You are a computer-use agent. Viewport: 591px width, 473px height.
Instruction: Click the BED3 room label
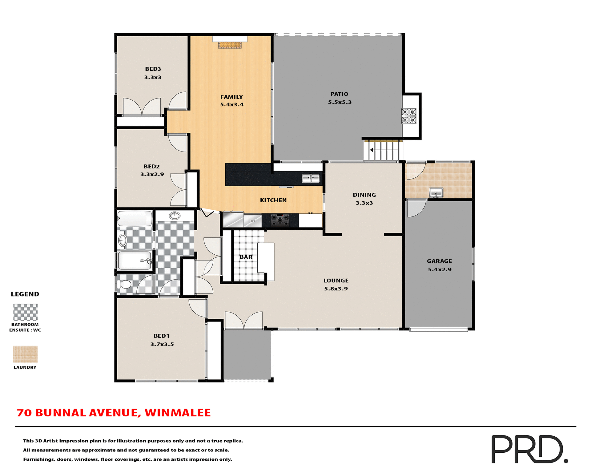tap(153, 69)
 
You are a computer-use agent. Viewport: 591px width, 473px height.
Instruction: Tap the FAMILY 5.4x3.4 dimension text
tap(232, 105)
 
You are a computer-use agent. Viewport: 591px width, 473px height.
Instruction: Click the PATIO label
tap(339, 94)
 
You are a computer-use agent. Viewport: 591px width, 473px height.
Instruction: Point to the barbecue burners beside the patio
tap(408, 116)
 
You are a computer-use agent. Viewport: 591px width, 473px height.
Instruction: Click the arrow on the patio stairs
tap(372, 150)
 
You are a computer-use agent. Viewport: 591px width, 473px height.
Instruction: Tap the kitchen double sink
tap(310, 178)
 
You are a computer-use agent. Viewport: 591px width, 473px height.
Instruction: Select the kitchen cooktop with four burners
tap(280, 220)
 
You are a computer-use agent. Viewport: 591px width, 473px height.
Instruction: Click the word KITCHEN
tap(273, 200)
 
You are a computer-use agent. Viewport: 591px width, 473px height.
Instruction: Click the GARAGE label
tap(439, 261)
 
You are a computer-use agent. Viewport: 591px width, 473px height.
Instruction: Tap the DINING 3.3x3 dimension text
tap(364, 203)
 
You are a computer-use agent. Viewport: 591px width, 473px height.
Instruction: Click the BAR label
tap(246, 257)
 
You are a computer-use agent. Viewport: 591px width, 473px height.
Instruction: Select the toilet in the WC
tap(124, 284)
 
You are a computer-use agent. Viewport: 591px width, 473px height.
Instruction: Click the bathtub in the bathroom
tap(135, 218)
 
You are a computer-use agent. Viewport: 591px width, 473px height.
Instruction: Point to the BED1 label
tap(161, 336)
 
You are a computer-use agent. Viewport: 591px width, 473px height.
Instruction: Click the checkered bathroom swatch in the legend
tap(25, 312)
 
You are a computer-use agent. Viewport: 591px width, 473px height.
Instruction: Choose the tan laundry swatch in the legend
tap(25, 354)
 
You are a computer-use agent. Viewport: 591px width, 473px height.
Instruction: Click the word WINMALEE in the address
tap(178, 413)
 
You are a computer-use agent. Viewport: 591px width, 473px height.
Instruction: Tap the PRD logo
tap(529, 449)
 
